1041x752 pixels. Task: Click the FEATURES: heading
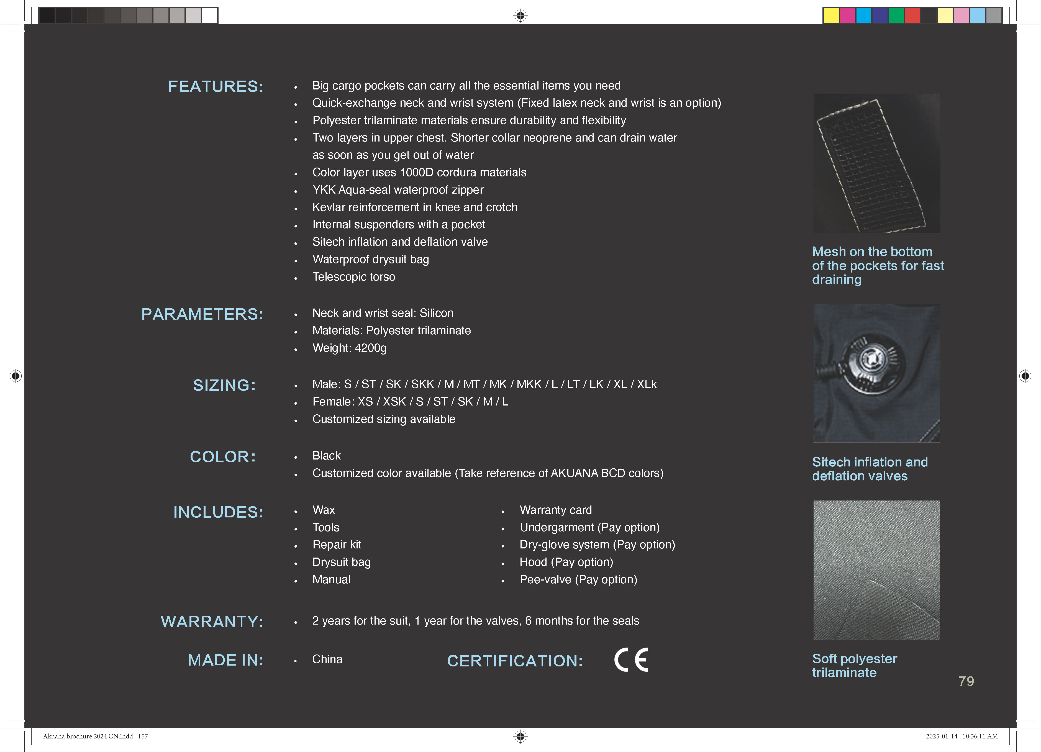[x=216, y=87]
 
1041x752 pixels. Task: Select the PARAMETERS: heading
[x=202, y=314]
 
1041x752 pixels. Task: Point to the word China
[x=327, y=659]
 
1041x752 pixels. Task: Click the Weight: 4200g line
[x=349, y=348]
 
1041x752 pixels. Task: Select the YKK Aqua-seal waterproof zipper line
[x=398, y=190]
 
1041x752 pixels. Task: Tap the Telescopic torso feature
[x=353, y=277]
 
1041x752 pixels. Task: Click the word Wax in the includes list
[x=324, y=510]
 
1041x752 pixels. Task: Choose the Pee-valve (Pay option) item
[x=578, y=580]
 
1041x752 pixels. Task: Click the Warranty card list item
[x=555, y=510]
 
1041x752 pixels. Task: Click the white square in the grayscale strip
[x=210, y=16]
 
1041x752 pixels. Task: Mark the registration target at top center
[x=520, y=16]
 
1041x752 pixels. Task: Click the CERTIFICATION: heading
[x=514, y=661]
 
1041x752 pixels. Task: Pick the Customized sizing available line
[x=384, y=419]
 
